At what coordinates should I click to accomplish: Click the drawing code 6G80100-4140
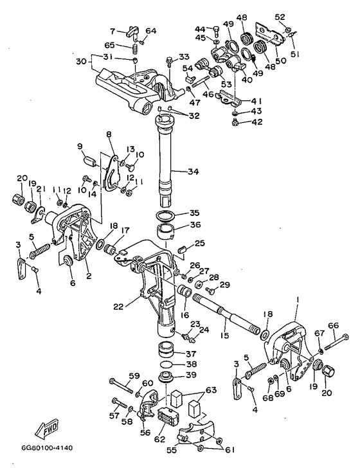47,448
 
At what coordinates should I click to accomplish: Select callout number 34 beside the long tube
193,172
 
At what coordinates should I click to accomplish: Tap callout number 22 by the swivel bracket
118,307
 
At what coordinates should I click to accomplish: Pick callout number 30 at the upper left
82,62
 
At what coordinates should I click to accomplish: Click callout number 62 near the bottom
159,439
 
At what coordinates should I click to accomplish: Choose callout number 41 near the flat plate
256,100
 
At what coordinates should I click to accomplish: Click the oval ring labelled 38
166,365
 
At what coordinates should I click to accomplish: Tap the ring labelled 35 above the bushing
166,215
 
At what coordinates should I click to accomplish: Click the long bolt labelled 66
336,341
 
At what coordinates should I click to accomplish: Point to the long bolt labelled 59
122,386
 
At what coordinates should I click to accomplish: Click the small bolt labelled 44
217,31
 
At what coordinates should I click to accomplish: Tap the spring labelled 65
135,48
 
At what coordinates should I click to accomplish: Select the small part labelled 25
181,249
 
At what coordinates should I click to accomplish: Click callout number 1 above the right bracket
297,299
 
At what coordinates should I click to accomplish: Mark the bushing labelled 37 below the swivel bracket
166,350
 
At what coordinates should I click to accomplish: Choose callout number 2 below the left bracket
89,276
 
